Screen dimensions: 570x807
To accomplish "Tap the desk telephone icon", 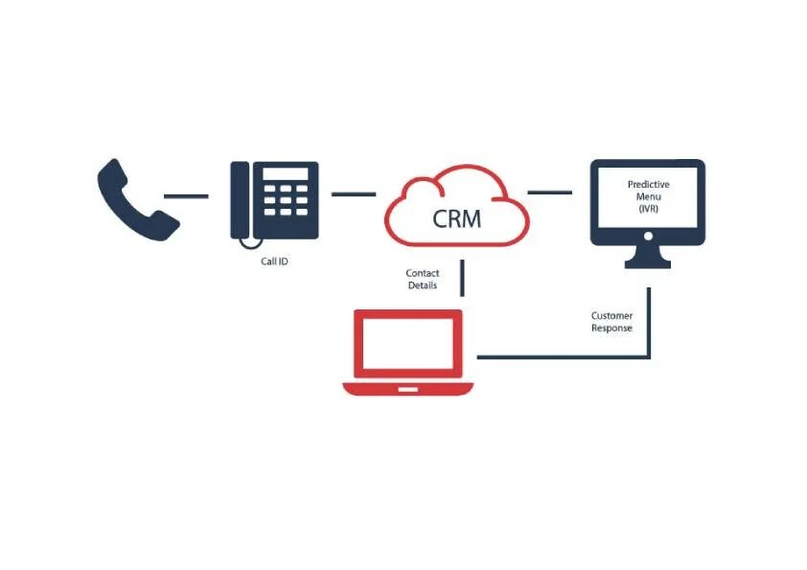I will tap(274, 200).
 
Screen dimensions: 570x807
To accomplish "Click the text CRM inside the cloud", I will tap(457, 218).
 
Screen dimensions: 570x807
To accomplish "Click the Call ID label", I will tap(274, 261).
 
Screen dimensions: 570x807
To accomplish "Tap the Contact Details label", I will tap(423, 280).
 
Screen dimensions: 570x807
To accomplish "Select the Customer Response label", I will tap(611, 322).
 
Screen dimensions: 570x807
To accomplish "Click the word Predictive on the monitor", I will tap(649, 184).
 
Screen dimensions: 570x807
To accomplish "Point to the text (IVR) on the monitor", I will tap(649, 209).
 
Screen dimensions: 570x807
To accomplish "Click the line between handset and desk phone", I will tap(186, 196).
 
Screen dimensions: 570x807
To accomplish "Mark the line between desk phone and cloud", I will tap(354, 194).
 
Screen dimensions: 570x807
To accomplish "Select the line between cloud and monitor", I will tap(550, 193).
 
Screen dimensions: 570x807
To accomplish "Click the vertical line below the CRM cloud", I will tap(463, 278).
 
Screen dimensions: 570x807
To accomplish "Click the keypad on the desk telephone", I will tap(287, 200).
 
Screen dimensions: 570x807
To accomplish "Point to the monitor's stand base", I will tap(648, 263).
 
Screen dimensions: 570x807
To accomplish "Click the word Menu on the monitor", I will tap(649, 196).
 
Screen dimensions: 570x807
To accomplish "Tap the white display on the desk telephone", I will tap(287, 173).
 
